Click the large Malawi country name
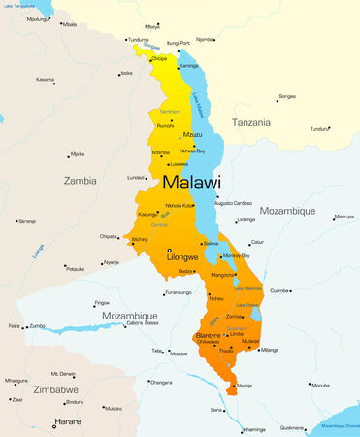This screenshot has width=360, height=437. tap(191, 182)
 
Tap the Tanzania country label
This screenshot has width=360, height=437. tap(265, 122)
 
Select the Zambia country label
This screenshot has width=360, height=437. tap(82, 180)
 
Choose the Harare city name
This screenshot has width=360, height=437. tap(68, 423)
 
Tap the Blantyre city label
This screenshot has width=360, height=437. tap(210, 334)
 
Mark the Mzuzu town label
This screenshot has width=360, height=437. tap(193, 134)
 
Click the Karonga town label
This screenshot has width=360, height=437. tap(189, 65)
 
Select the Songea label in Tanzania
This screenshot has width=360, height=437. tap(287, 96)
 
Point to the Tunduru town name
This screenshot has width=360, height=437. tap(320, 128)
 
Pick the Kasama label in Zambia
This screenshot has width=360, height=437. tap(46, 79)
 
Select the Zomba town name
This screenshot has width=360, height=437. tap(234, 316)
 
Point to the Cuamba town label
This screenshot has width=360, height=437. tap(279, 289)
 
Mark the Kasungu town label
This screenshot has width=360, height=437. tap(147, 214)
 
